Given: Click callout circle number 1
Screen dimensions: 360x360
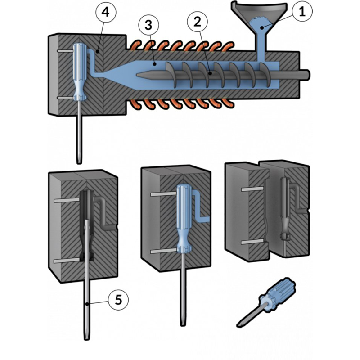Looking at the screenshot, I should point(302,13).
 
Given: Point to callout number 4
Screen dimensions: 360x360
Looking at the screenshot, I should point(105,13).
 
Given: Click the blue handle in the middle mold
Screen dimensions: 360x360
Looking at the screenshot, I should point(184,216).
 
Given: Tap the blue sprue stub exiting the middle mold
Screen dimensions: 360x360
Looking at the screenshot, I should point(205,219).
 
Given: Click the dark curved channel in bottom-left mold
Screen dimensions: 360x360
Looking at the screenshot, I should point(105,211).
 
